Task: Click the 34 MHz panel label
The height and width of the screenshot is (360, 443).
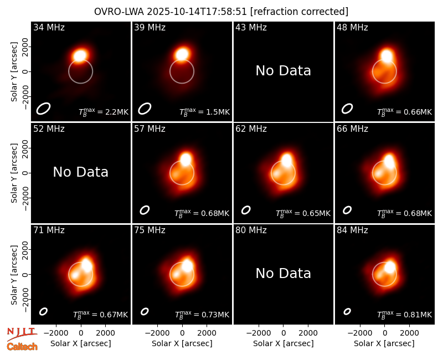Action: (49, 27)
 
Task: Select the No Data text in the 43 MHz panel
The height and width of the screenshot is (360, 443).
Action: (284, 71)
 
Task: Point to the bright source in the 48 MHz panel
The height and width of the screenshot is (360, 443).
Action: (387, 55)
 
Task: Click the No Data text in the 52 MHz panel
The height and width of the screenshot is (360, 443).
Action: (81, 172)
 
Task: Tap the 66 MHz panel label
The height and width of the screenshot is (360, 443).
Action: (352, 129)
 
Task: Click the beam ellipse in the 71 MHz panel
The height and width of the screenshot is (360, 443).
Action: (43, 311)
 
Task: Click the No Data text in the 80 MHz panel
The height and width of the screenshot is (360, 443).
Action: (284, 274)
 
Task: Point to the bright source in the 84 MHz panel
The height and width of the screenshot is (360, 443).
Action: (390, 267)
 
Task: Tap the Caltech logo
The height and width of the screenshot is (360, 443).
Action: (22, 347)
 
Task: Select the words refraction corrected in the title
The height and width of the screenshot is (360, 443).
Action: (299, 12)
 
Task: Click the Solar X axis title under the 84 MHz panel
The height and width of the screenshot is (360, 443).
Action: (384, 343)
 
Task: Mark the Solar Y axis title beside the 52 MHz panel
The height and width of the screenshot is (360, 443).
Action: (14, 173)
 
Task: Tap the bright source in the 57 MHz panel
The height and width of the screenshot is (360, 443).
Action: (186, 159)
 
